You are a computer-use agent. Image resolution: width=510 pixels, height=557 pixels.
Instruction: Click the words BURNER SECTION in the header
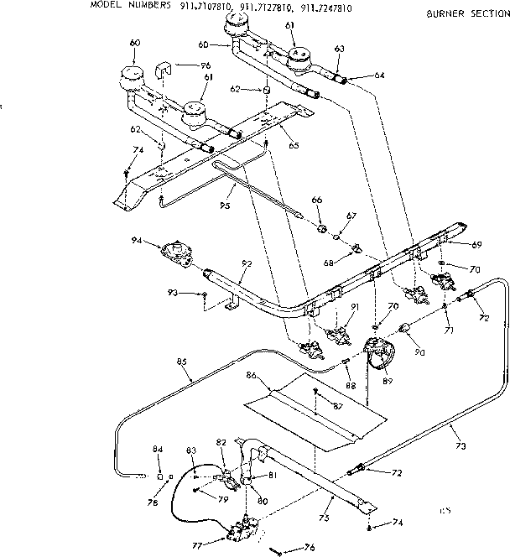467,14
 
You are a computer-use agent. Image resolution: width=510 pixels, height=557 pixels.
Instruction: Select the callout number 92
246,263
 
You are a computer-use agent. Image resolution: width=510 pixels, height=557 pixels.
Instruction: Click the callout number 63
339,49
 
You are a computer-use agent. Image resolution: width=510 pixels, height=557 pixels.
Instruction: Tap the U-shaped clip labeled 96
165,68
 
